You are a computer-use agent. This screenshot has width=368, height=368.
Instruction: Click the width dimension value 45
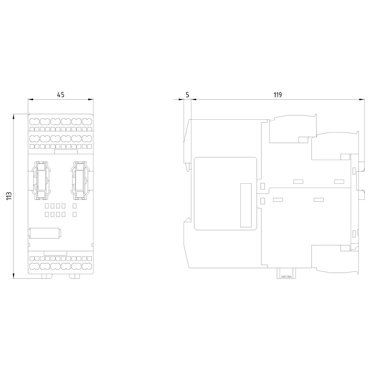pyautogui.click(x=61, y=95)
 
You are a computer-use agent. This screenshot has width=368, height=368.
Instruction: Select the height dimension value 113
pyautogui.click(x=9, y=196)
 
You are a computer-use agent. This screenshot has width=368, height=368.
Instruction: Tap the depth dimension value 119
pyautogui.click(x=277, y=95)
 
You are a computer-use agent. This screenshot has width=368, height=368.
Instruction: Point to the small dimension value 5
pyautogui.click(x=187, y=95)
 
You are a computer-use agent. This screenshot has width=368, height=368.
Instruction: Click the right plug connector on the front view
pyautogui.click(x=79, y=180)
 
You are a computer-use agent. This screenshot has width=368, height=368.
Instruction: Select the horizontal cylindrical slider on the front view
pyautogui.click(x=45, y=233)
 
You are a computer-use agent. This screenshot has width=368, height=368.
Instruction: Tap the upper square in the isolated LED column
pyautogui.click(x=75, y=206)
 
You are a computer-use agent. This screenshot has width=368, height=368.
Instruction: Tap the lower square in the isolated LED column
pyautogui.click(x=75, y=214)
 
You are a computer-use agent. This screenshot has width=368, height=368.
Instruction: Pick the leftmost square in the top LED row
pyautogui.click(x=47, y=206)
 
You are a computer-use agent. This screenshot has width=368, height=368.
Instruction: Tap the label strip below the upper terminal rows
pyautogui.click(x=66, y=151)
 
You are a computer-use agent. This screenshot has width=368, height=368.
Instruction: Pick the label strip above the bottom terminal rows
pyautogui.click(x=55, y=253)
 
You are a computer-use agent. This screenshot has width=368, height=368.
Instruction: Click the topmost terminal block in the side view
pyautogui.click(x=293, y=129)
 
